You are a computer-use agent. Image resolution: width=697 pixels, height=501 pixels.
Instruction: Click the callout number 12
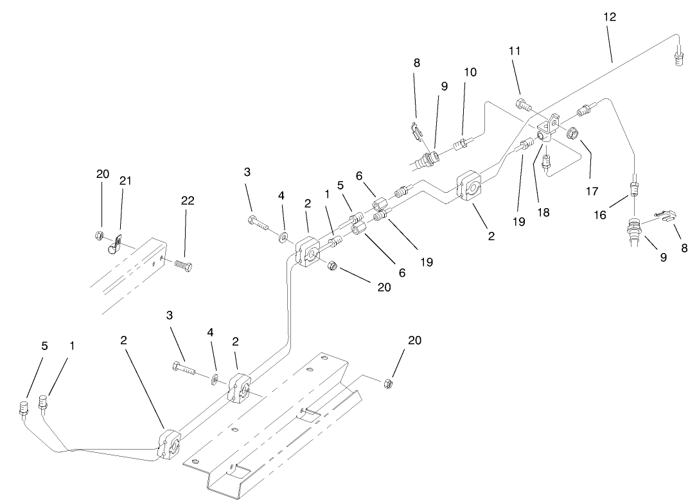(x=610, y=17)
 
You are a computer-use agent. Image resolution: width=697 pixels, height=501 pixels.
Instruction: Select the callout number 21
(x=125, y=182)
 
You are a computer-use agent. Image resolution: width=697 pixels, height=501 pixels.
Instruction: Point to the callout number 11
(x=515, y=51)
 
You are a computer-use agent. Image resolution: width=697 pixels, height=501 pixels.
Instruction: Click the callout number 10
(x=470, y=72)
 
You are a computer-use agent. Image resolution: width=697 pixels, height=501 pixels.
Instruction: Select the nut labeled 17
(x=570, y=133)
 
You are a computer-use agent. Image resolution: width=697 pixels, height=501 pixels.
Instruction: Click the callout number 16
(x=599, y=215)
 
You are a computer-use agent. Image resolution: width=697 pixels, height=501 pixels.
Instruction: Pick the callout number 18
(x=543, y=213)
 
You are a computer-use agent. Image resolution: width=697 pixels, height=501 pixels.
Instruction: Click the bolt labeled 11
(x=522, y=102)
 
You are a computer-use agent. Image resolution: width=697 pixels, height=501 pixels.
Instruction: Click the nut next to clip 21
(x=101, y=234)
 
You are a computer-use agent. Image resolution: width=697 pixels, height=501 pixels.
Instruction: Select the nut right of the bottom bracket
(x=387, y=384)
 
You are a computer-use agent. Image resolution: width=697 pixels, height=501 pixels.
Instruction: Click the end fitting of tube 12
(x=679, y=60)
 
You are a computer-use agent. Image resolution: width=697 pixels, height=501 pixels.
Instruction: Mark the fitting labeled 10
(x=460, y=143)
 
